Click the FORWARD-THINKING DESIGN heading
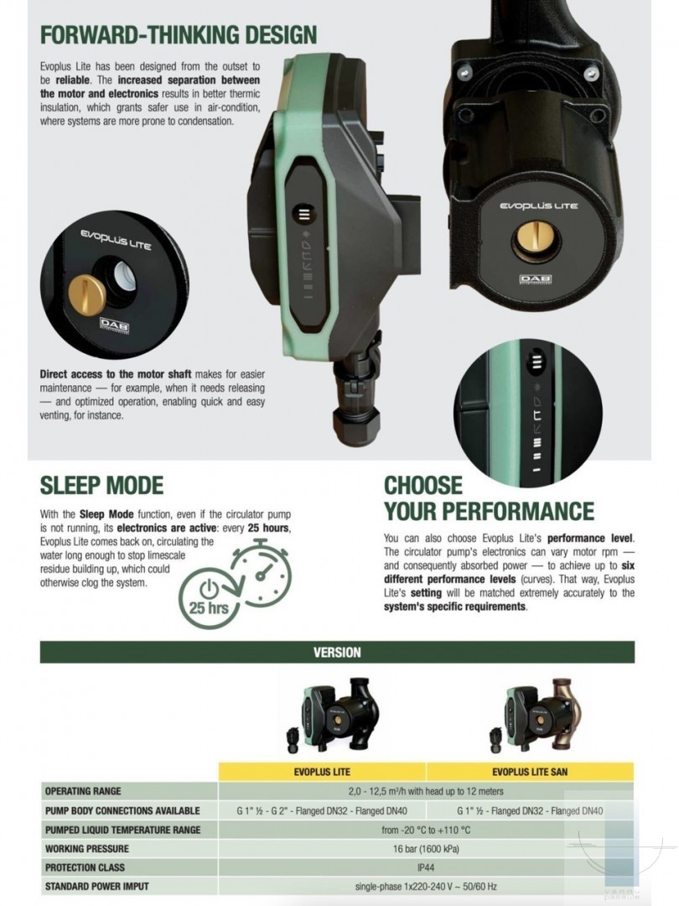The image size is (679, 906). pyautogui.click(x=179, y=34)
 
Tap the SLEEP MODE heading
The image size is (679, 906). pyautogui.click(x=101, y=486)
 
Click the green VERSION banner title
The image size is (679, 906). pyautogui.click(x=337, y=653)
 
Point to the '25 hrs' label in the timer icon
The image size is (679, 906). pyautogui.click(x=209, y=607)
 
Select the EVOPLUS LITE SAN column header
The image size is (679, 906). pyautogui.click(x=530, y=772)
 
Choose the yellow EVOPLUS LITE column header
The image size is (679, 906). pyautogui.click(x=322, y=772)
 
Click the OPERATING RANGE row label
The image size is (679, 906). pyautogui.click(x=83, y=791)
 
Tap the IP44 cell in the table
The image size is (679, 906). pyautogui.click(x=426, y=867)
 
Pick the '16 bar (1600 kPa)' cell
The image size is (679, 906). pyautogui.click(x=426, y=849)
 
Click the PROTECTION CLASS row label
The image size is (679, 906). pyautogui.click(x=85, y=867)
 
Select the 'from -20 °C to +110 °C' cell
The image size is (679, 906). pyautogui.click(x=426, y=830)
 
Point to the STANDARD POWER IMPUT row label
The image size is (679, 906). pyautogui.click(x=97, y=887)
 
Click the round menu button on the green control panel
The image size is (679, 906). pyautogui.click(x=304, y=214)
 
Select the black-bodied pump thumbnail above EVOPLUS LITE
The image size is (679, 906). pyautogui.click(x=333, y=714)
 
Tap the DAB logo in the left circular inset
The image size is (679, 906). pyautogui.click(x=114, y=325)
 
